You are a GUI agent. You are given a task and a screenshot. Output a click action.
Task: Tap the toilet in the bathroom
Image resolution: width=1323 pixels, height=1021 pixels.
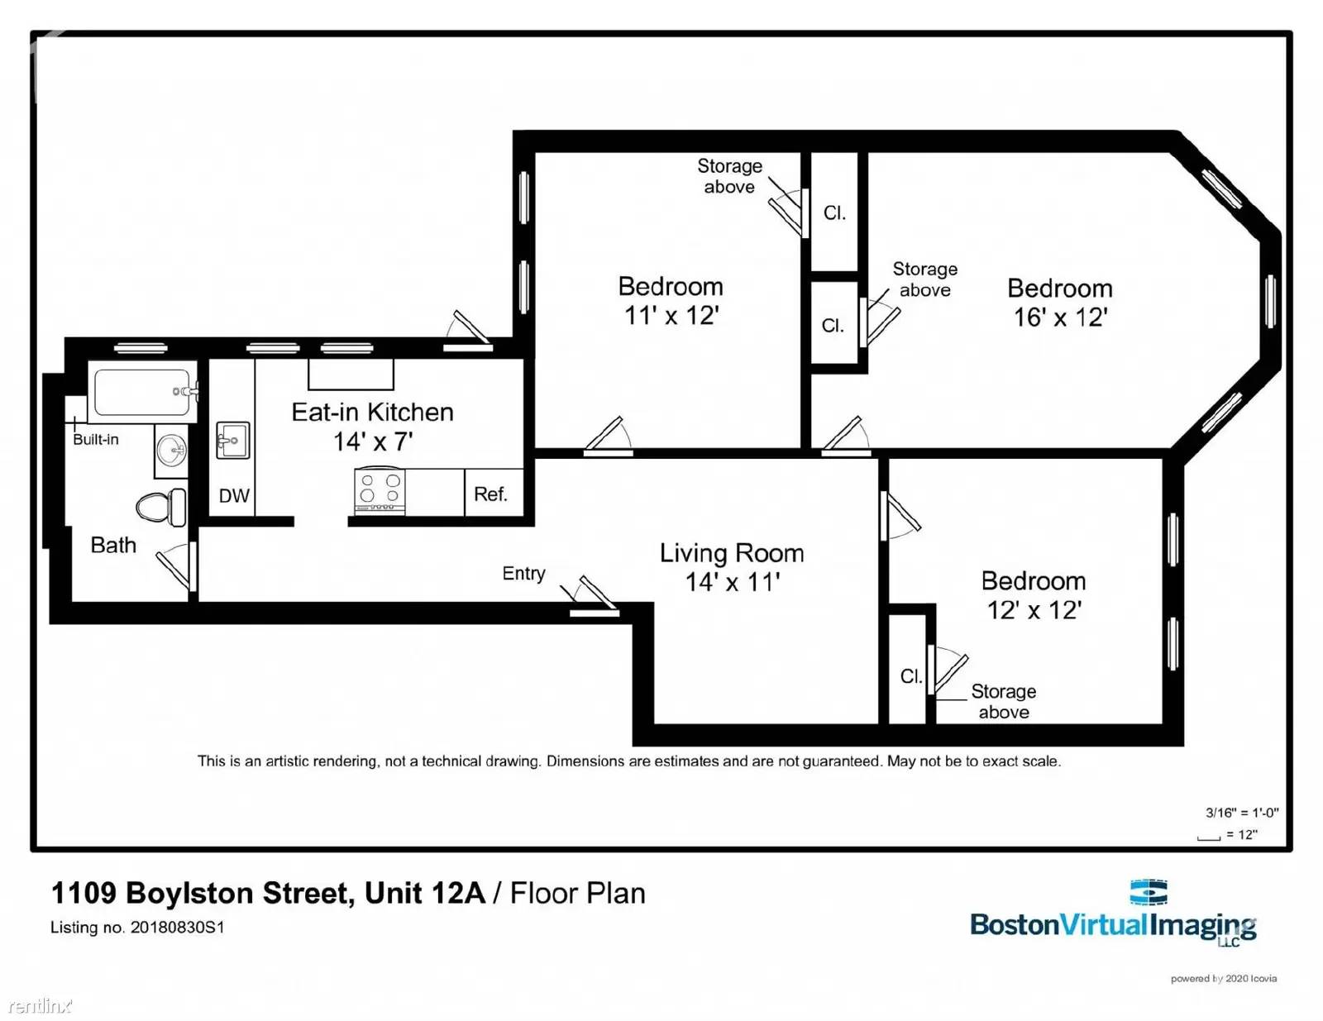(x=162, y=507)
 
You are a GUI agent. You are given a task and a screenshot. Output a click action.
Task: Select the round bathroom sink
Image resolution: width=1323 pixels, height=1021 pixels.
(x=172, y=451)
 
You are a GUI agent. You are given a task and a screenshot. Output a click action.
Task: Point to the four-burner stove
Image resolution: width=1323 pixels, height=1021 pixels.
(x=380, y=490)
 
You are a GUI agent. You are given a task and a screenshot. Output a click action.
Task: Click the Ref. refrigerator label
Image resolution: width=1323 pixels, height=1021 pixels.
(x=490, y=494)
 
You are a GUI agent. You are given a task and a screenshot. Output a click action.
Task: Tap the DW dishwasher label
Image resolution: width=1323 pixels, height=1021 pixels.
(x=234, y=496)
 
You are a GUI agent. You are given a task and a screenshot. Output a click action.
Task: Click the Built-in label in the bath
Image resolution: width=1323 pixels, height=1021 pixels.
(x=96, y=439)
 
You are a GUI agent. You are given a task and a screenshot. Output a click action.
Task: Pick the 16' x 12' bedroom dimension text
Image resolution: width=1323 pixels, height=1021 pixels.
(x=1060, y=317)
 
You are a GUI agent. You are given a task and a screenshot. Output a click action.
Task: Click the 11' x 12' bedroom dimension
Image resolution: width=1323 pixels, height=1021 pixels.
(x=671, y=316)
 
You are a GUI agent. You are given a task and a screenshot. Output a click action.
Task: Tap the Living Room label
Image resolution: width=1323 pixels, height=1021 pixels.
(x=731, y=552)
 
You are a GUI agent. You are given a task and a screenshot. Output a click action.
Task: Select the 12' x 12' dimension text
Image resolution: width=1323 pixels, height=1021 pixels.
(x=1034, y=610)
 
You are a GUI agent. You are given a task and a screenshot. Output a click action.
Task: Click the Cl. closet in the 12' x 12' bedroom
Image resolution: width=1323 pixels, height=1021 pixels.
(x=910, y=676)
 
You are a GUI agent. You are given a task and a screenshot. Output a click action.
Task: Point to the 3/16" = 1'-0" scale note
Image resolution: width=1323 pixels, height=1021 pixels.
(x=1241, y=813)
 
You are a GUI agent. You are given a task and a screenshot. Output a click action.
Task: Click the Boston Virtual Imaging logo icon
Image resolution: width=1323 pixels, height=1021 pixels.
(x=1149, y=893)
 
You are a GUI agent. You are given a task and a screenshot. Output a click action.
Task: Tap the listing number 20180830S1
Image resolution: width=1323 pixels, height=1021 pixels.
(x=177, y=928)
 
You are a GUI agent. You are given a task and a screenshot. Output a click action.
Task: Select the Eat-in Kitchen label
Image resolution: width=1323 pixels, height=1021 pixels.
(x=372, y=412)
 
